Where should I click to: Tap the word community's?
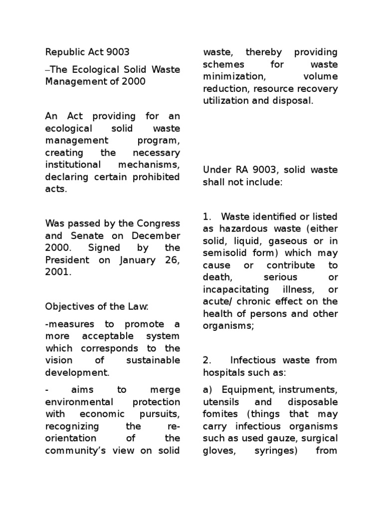pos(76,450)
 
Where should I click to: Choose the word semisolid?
pos(224,253)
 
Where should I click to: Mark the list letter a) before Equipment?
pos(207,390)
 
